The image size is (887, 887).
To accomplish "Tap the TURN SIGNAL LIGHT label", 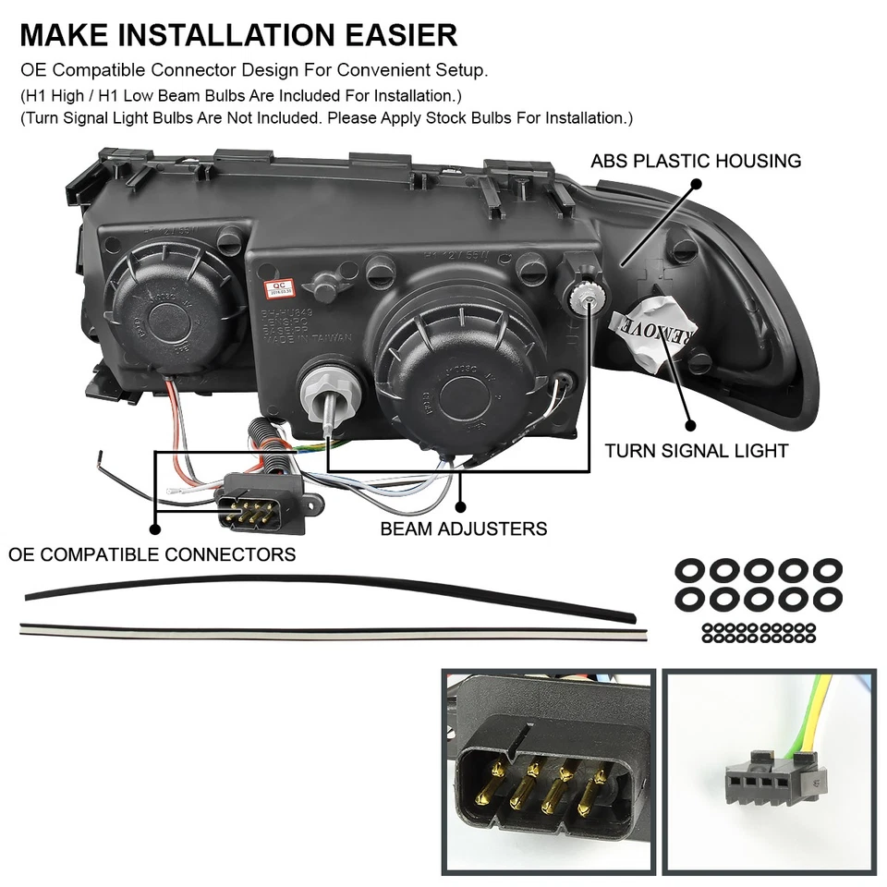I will (696, 451).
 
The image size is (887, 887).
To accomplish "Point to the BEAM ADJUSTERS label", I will (464, 529).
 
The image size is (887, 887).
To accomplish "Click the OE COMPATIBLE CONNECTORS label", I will (152, 554).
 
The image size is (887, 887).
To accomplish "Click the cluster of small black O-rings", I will (759, 632).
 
